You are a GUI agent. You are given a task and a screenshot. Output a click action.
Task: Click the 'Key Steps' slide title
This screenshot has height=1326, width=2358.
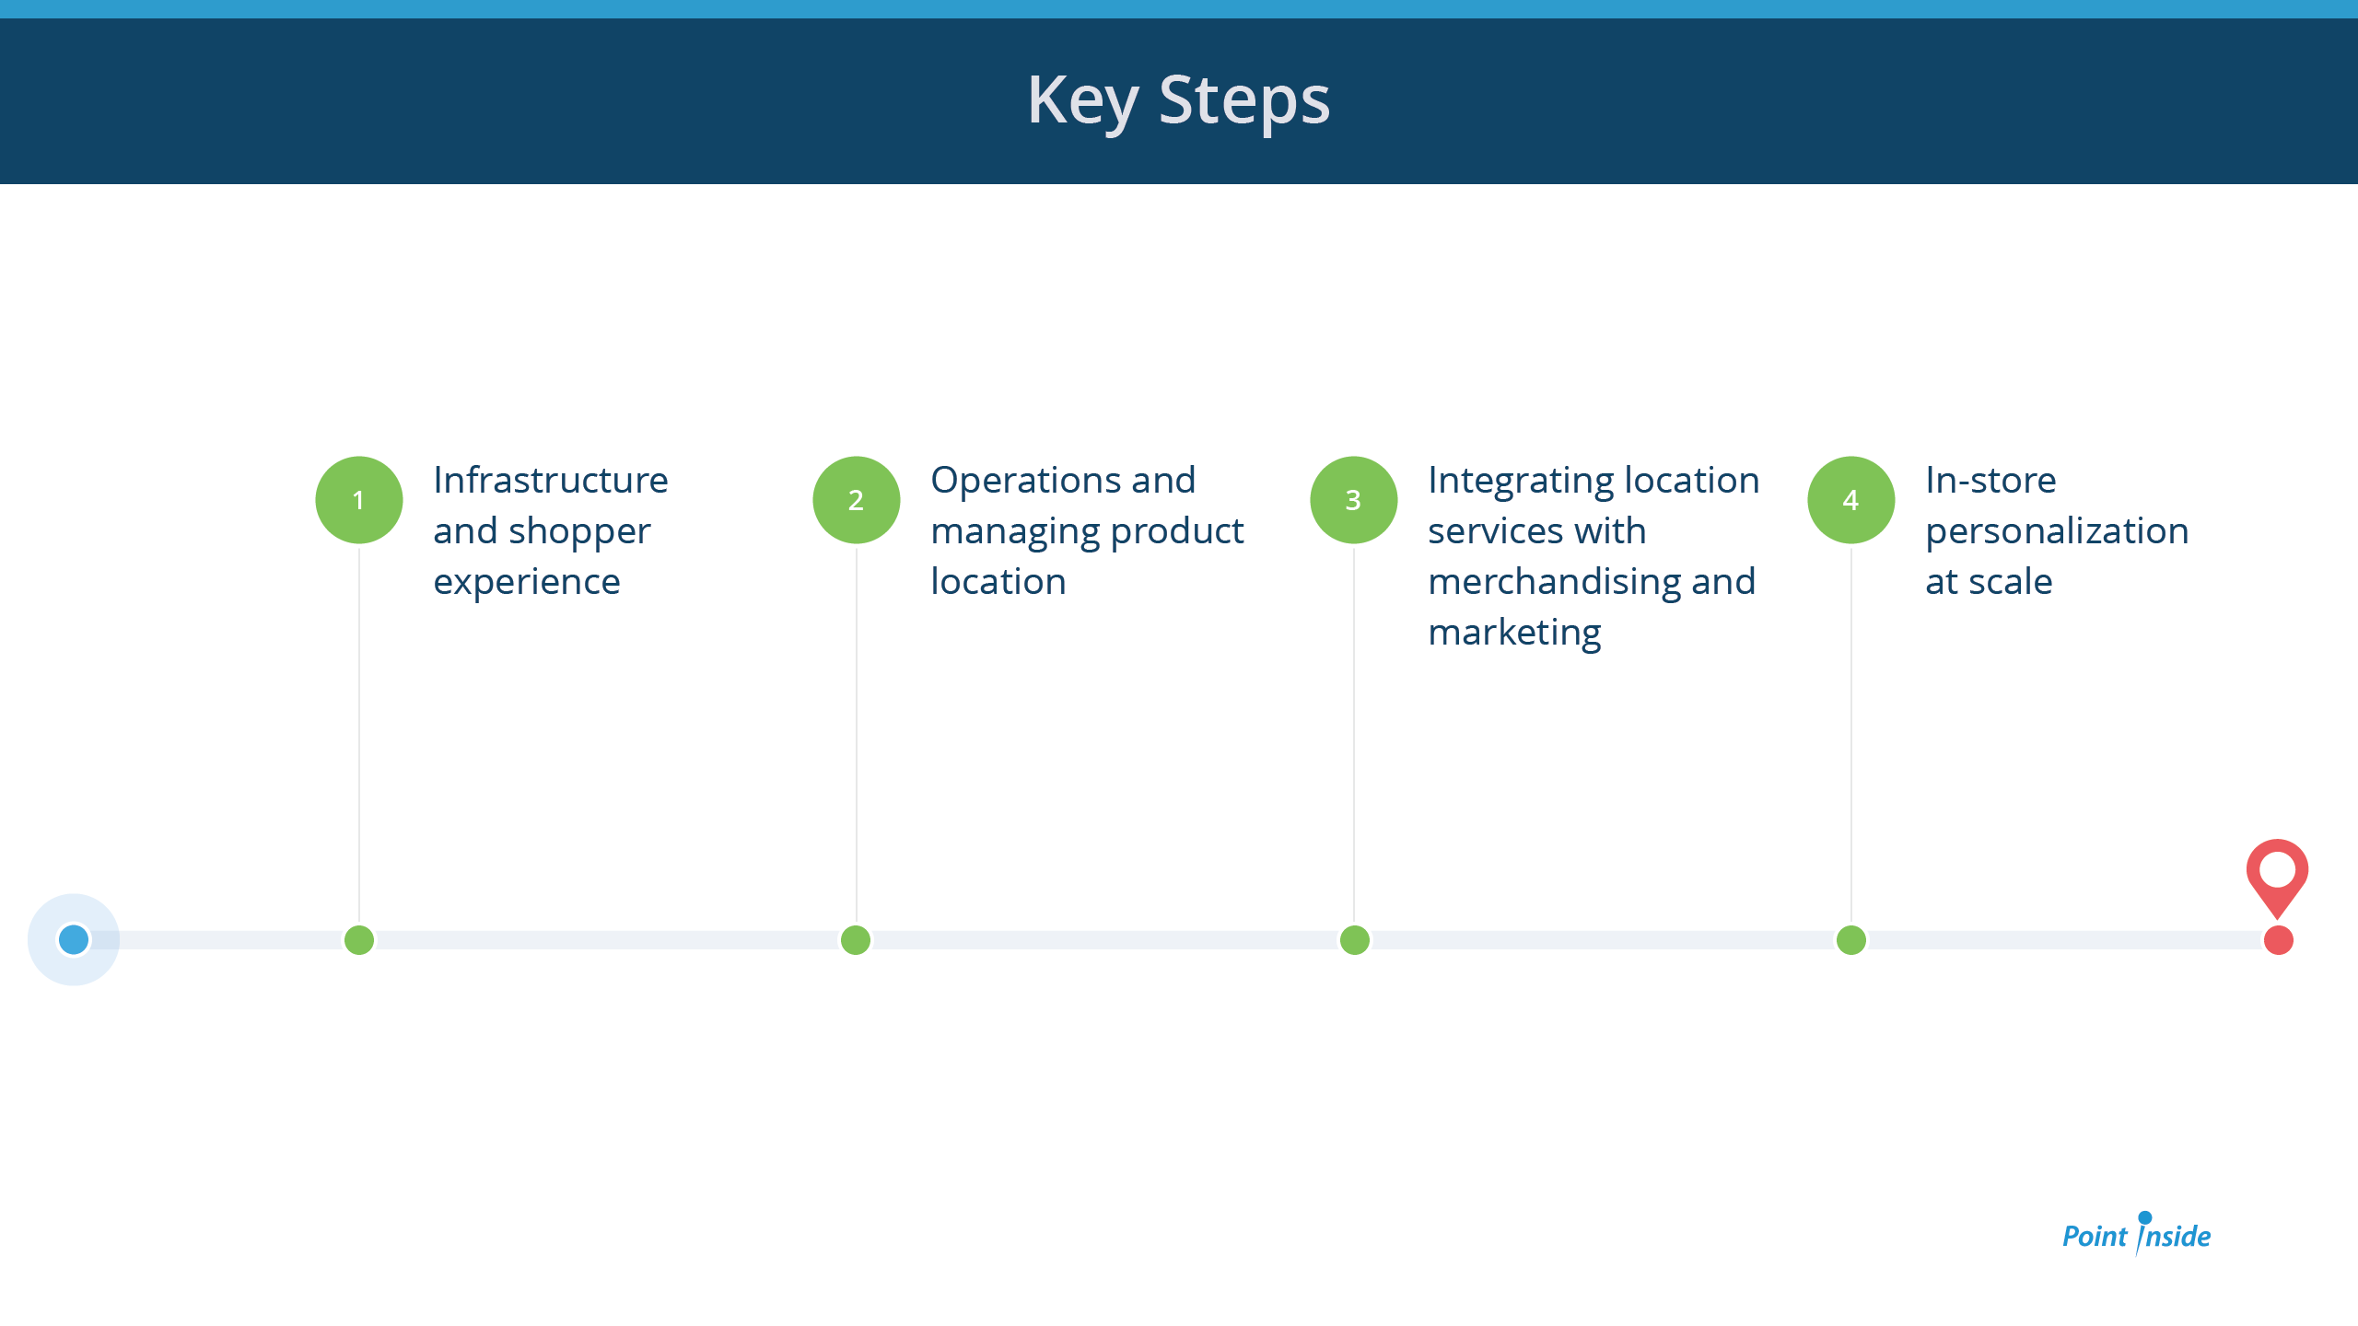[x=1178, y=100]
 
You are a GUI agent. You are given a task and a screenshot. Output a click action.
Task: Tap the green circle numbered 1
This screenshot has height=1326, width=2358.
[x=359, y=500]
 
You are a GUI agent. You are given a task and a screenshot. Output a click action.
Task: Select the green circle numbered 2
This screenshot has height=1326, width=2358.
[x=857, y=500]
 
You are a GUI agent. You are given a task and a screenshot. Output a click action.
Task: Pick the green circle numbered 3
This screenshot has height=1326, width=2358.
[x=1354, y=500]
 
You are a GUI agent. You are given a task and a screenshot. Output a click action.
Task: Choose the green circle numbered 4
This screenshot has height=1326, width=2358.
[x=1851, y=500]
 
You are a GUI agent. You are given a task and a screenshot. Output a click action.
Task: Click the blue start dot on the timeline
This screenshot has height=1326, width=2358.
[x=74, y=939]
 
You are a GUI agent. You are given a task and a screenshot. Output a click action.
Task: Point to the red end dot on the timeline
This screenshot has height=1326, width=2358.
[x=2279, y=940]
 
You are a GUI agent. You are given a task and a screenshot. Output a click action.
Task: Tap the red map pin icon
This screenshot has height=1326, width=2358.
[x=2277, y=875]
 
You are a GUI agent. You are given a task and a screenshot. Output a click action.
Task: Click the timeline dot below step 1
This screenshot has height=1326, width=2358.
[x=359, y=940]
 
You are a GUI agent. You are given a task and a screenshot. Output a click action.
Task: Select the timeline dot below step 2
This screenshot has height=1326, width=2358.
[x=856, y=940]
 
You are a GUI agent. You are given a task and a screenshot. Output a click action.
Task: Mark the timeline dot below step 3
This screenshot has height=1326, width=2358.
[x=1355, y=940]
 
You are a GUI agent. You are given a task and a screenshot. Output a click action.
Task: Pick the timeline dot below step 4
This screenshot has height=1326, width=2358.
[x=1851, y=940]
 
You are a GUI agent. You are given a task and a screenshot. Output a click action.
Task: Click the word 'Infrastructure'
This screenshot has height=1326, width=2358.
[x=551, y=480]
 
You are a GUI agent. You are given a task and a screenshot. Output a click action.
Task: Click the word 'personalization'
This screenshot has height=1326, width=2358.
[x=2057, y=532]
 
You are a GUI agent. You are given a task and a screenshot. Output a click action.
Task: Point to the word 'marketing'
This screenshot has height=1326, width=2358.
[x=1515, y=634]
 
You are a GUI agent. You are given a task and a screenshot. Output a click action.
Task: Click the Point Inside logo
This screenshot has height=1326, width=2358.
[x=2136, y=1233]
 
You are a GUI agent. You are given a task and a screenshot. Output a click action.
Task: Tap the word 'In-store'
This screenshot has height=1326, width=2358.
[x=1990, y=480]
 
